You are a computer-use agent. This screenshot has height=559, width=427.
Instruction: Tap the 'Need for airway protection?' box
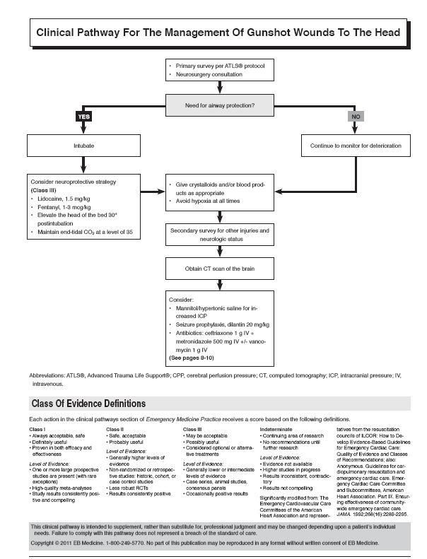pyautogui.click(x=220, y=106)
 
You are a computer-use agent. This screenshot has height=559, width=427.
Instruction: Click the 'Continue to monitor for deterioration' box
pyautogui.click(x=355, y=146)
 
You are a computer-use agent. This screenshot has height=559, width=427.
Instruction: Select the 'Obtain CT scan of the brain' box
pyautogui.click(x=220, y=269)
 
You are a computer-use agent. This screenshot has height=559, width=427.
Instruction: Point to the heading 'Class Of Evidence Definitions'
pyautogui.click(x=88, y=404)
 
